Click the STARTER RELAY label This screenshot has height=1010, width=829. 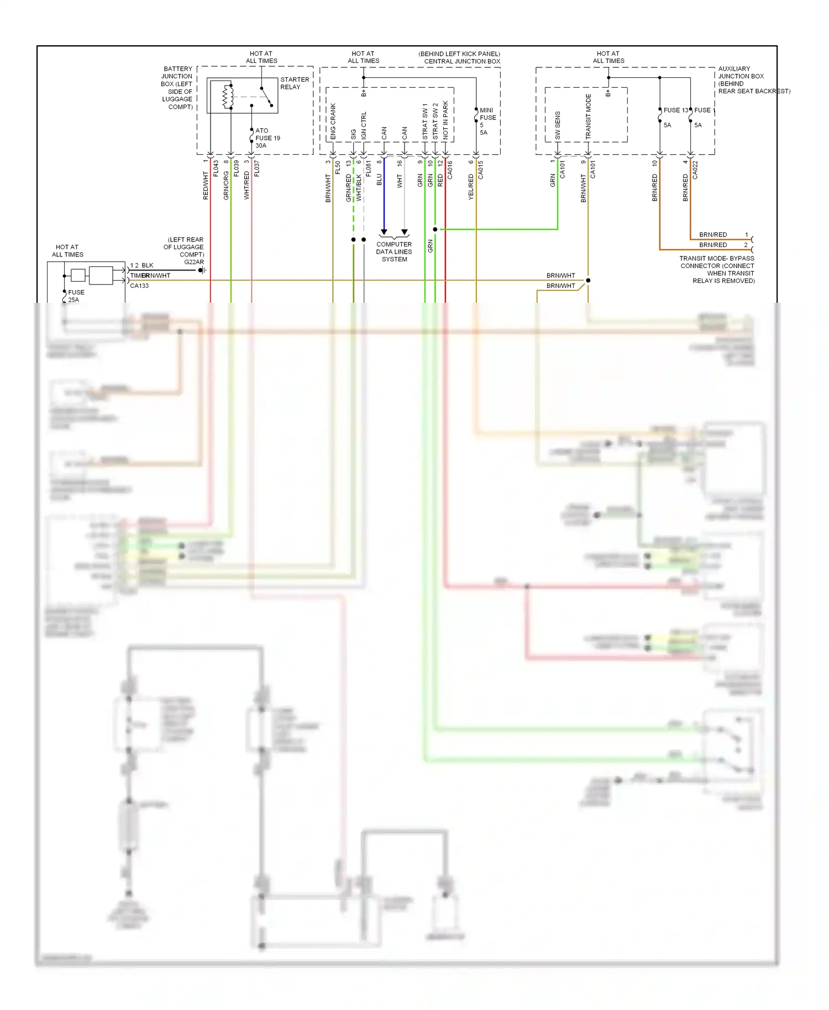point(294,83)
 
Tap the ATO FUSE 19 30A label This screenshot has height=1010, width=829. point(267,138)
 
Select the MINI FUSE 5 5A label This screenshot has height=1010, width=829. point(487,121)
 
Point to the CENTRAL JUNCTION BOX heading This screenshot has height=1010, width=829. point(461,61)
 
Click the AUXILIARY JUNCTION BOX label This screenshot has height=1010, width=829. point(741,76)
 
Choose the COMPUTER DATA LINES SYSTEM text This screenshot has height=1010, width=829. point(394,251)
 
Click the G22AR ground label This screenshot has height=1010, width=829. point(193,262)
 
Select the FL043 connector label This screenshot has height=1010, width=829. point(216,169)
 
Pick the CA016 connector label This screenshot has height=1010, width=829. point(450,170)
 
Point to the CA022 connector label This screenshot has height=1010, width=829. point(695,170)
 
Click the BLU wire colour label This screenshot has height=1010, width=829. point(379,180)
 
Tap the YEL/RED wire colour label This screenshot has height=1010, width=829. point(471,187)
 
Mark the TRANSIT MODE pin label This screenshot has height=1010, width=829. point(588,117)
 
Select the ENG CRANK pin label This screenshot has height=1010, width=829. point(333,122)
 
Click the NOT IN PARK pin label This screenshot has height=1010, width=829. point(445,119)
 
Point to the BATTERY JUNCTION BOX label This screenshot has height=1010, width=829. point(177,88)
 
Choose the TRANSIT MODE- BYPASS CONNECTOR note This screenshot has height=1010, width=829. point(717,270)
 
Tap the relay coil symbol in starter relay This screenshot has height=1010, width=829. point(226,97)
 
